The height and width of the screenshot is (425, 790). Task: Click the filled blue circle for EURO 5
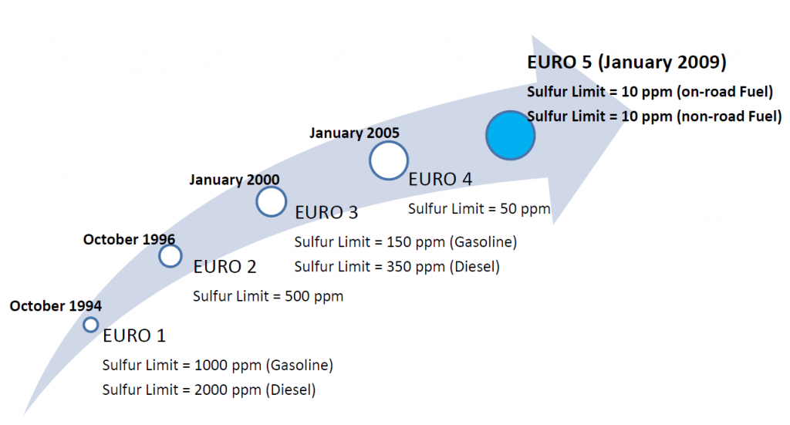pos(511,136)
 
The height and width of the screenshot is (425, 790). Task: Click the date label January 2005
pos(354,133)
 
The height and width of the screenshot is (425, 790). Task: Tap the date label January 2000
pos(235,180)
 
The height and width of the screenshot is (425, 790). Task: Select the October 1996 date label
pos(129,239)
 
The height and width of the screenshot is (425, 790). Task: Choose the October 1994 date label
pos(56,305)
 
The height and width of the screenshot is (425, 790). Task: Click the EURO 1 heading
pos(134,336)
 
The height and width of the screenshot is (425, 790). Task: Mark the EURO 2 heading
pos(225,267)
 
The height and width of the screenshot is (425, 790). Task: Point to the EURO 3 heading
pos(326,213)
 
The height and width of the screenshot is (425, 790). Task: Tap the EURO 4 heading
pos(440,179)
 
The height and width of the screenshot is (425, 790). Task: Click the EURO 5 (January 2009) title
pos(626,62)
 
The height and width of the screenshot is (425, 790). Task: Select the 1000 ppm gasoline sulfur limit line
pos(218,365)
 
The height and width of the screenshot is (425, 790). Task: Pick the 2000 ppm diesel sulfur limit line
pos(209,390)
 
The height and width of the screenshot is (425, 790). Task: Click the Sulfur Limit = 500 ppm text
pos(268,296)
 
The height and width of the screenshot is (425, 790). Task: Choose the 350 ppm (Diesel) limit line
pos(397,266)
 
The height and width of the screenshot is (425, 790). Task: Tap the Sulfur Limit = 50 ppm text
pos(479,209)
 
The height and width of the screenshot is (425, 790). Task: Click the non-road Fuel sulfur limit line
pos(654,116)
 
